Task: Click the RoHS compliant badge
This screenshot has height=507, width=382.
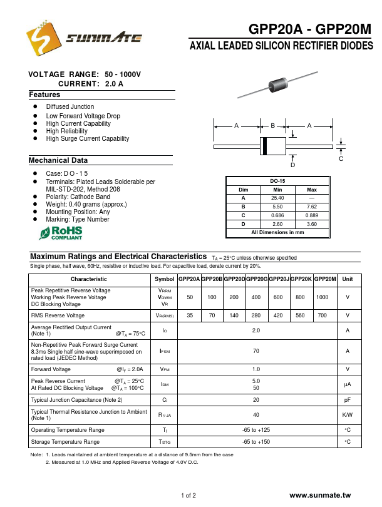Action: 61,233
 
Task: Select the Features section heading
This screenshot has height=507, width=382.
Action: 44,95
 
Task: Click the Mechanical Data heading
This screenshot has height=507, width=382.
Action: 58,160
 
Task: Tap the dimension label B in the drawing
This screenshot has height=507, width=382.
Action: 273,126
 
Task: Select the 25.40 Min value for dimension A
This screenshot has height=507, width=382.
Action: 277,198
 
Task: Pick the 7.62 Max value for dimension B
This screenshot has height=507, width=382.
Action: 311,207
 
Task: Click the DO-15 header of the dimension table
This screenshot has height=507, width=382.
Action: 277,181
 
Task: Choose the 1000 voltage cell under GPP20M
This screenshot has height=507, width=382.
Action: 323,297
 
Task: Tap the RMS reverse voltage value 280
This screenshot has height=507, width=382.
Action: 256,315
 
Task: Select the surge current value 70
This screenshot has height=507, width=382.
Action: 256,351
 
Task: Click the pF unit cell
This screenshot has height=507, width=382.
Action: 348,399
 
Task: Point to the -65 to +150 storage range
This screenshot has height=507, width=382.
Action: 256,442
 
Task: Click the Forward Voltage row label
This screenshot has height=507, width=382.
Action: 51,369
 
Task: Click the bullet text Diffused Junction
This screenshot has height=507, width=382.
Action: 70,107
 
